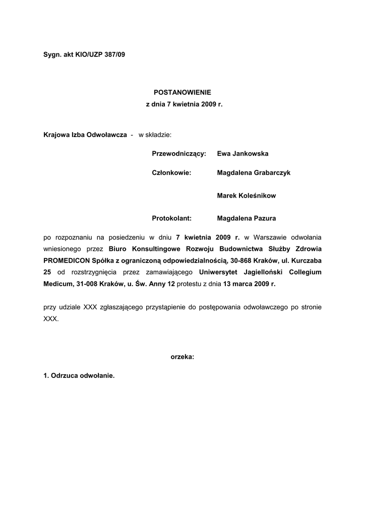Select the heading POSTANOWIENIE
[x=182, y=92]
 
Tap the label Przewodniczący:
[x=179, y=153]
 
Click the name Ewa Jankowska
[x=242, y=153]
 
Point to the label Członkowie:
[x=171, y=173]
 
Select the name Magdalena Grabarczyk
[x=254, y=173]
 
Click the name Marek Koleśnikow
[x=247, y=196]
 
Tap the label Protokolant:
[x=172, y=218]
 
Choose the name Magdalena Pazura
[x=247, y=218]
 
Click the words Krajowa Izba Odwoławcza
[x=85, y=135]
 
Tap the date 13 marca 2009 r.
[x=249, y=284]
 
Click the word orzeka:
[x=182, y=356]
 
